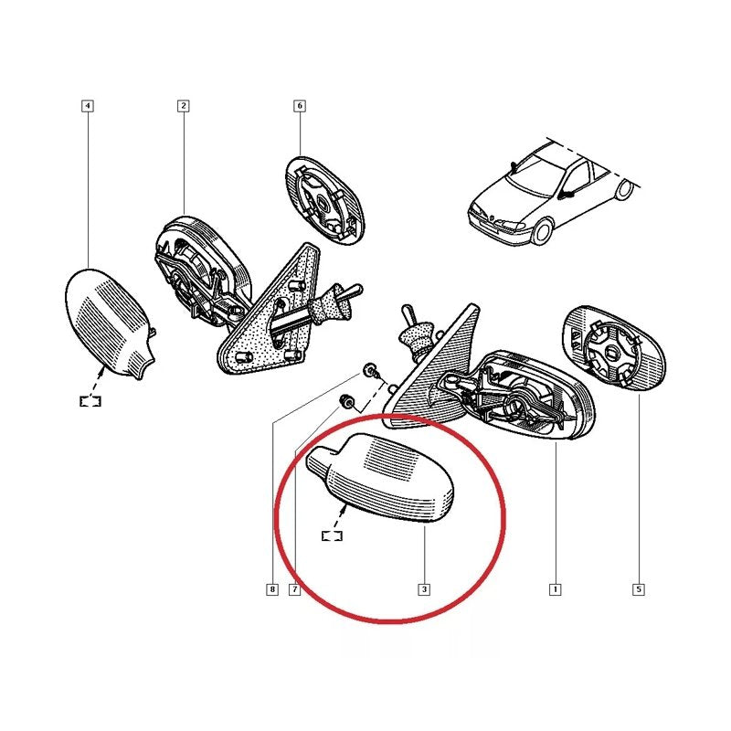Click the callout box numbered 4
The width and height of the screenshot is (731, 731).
click(88, 106)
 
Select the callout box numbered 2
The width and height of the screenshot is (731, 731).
click(184, 106)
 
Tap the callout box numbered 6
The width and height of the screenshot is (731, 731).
click(300, 106)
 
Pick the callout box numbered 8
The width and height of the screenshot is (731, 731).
click(272, 589)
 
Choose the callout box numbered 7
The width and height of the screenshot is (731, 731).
click(294, 589)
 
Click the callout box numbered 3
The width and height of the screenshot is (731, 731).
click(424, 589)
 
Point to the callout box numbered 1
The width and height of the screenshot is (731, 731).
click(556, 589)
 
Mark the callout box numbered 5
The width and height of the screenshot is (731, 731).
click(639, 589)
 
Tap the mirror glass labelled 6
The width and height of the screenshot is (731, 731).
click(325, 201)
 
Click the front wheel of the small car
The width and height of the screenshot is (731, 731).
click(542, 233)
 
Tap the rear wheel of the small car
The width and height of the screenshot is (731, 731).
click(625, 190)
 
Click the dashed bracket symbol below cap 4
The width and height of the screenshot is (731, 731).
click(90, 401)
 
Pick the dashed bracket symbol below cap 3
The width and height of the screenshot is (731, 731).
click(332, 536)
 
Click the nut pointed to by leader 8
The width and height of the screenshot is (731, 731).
click(369, 371)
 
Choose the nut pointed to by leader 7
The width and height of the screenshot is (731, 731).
click(346, 401)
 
